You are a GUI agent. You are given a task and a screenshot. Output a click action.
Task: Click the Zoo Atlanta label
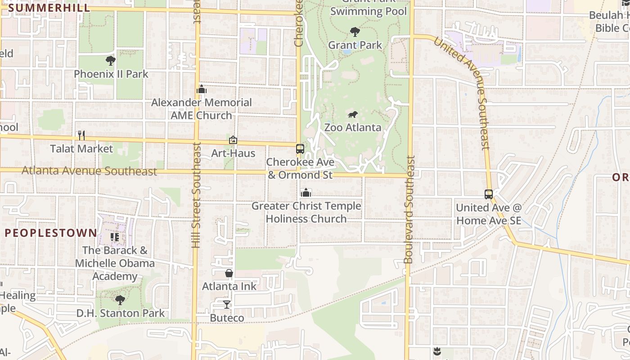pyautogui.click(x=353, y=127)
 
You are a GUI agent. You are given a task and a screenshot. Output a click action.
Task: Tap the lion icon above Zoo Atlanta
pyautogui.click(x=353, y=115)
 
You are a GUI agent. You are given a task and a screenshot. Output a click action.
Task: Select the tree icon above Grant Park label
pyautogui.click(x=355, y=32)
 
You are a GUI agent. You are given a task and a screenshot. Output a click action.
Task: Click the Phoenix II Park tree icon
pyautogui.click(x=111, y=61)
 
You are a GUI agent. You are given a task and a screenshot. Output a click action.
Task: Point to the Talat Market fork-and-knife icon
pyautogui.click(x=81, y=135)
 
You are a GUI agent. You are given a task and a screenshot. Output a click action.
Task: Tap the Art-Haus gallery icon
pyautogui.click(x=233, y=140)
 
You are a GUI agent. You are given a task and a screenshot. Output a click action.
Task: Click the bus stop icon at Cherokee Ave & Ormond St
pyautogui.click(x=300, y=149)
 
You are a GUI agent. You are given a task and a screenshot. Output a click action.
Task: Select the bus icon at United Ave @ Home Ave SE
pyautogui.click(x=489, y=194)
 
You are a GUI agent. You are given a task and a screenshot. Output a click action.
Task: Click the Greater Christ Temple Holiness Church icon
pyautogui.click(x=306, y=193)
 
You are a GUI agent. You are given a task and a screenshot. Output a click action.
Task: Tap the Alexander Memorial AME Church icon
pyautogui.click(x=202, y=90)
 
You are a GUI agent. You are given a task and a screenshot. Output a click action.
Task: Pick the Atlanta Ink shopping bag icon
pyautogui.click(x=229, y=273)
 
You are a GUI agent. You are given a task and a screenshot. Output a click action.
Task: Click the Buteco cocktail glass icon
pyautogui.click(x=227, y=305)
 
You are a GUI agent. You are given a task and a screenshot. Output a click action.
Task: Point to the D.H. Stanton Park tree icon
pyautogui.click(x=120, y=300)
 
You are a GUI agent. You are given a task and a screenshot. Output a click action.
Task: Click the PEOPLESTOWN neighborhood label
pyautogui.click(x=51, y=233)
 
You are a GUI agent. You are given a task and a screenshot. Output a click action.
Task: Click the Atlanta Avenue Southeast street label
pyautogui.click(x=90, y=171)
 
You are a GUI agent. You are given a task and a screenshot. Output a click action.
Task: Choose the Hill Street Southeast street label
pyautogui.click(x=196, y=195)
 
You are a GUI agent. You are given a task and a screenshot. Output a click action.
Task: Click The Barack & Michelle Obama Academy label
pyautogui.click(x=115, y=263)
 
